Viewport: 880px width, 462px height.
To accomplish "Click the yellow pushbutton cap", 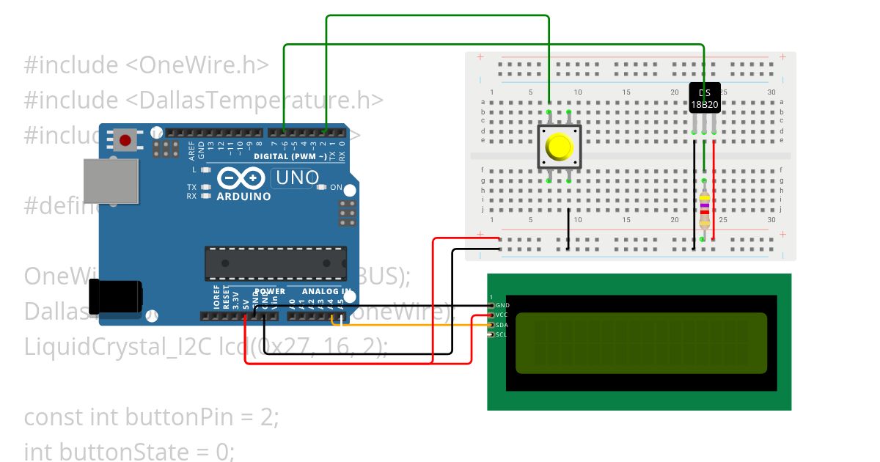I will click(560, 147).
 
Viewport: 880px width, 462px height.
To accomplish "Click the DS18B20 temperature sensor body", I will click(705, 98).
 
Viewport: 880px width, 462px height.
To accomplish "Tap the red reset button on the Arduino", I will click(125, 139).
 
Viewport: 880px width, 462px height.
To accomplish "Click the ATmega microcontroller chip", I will click(275, 263).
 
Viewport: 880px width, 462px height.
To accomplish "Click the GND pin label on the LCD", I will click(502, 305).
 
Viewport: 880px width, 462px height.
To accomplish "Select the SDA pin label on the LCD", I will click(502, 325).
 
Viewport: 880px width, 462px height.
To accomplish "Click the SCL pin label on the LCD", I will click(502, 334).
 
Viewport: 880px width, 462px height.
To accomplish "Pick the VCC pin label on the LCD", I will click(502, 315).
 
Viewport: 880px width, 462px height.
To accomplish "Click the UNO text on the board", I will click(297, 177).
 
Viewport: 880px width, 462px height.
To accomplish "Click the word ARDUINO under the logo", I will click(243, 197).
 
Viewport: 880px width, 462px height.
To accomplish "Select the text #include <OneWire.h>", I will click(146, 65).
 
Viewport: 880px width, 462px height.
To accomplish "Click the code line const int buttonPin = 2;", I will click(151, 417).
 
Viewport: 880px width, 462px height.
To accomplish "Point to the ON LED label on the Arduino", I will click(336, 188).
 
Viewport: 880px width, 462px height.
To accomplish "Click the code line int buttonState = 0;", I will click(129, 451).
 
